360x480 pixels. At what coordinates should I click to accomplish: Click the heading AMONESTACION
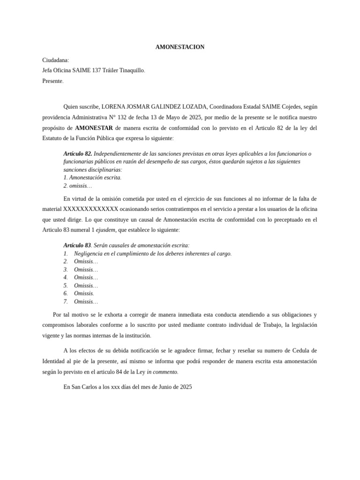point(180,47)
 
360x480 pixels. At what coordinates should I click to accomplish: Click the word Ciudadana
point(55,60)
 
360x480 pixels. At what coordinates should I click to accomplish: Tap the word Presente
point(52,81)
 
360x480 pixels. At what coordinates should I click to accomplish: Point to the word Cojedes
point(283,106)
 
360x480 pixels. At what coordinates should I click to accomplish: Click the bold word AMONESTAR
point(94,128)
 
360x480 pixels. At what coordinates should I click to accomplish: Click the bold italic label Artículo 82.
point(78,154)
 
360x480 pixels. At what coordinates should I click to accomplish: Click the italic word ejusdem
point(105,230)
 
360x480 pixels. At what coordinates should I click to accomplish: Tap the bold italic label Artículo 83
point(77,245)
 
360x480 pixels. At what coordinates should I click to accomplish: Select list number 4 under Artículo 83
point(66,277)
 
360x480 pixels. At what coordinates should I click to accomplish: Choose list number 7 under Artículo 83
point(66,301)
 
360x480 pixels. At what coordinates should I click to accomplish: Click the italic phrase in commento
point(162,372)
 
